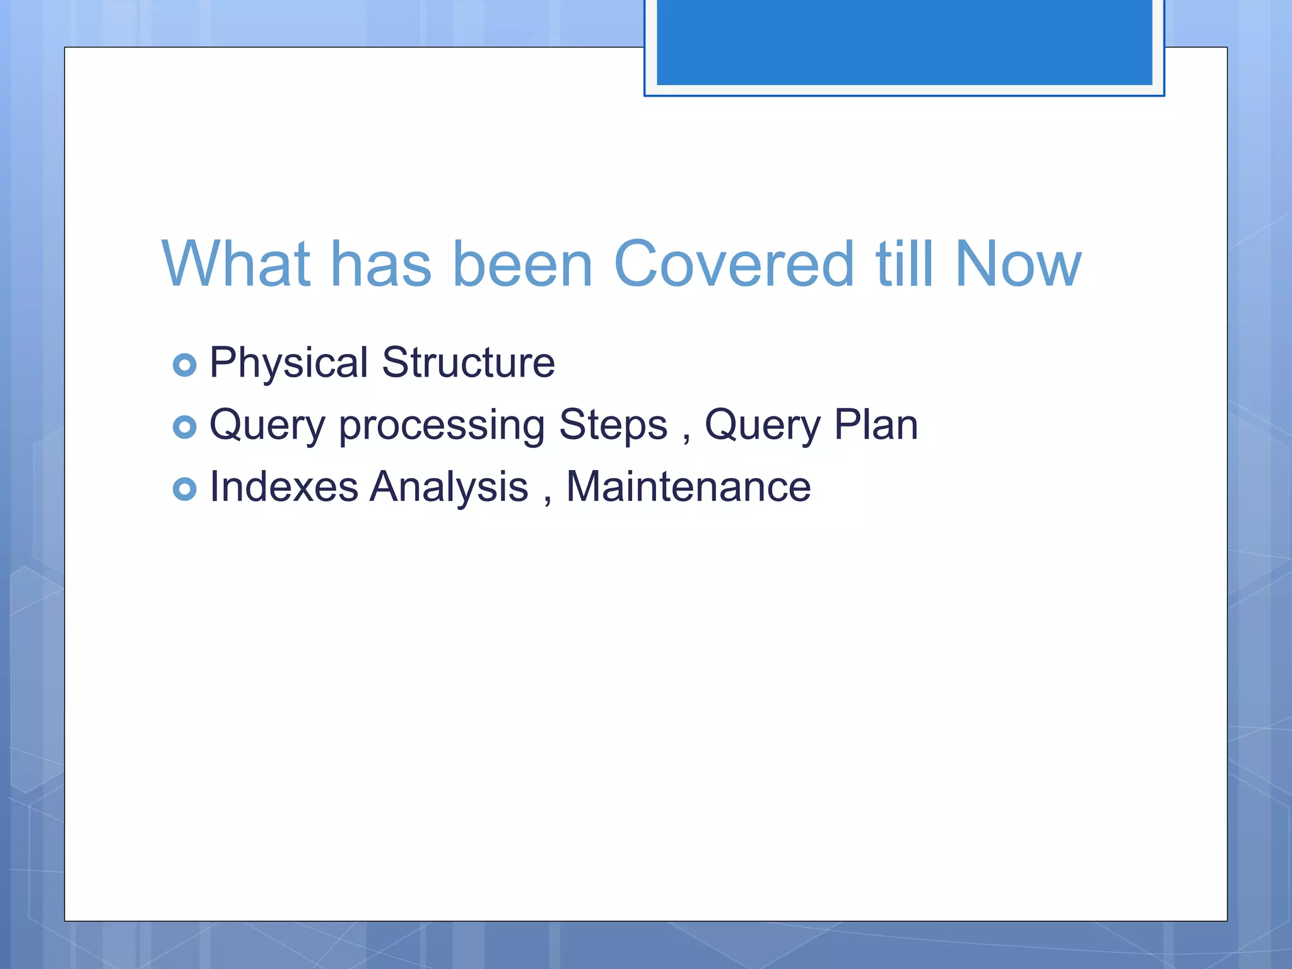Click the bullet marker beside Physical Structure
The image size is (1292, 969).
184,365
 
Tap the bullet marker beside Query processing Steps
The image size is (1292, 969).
184,427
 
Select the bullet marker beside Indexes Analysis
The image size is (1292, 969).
184,489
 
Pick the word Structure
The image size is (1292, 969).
468,363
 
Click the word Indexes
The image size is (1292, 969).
284,487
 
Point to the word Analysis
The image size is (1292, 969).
449,488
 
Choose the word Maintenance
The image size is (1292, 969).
688,487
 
